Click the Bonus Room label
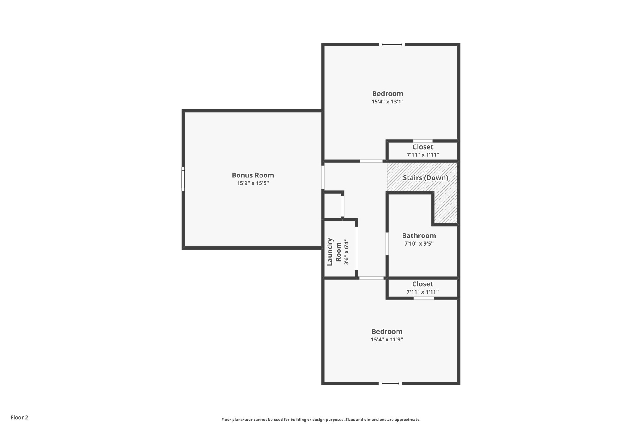[x=253, y=175]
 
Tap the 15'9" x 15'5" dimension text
[x=253, y=183]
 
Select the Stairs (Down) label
[x=425, y=178]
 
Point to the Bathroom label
[x=419, y=235]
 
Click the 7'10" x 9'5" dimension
[x=419, y=244]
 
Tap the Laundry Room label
[x=334, y=252]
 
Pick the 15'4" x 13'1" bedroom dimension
[x=387, y=102]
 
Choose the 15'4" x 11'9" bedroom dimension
[x=387, y=339]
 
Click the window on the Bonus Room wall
[x=183, y=179]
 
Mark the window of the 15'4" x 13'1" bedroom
[x=392, y=45]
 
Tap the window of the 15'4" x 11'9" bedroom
[x=390, y=383]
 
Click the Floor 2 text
[x=19, y=417]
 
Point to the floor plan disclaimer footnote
[x=321, y=420]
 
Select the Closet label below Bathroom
[x=423, y=284]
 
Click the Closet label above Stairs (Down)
[x=423, y=147]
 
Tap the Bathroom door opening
[x=387, y=244]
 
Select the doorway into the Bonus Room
[x=323, y=177]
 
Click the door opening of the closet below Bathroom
[x=424, y=298]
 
